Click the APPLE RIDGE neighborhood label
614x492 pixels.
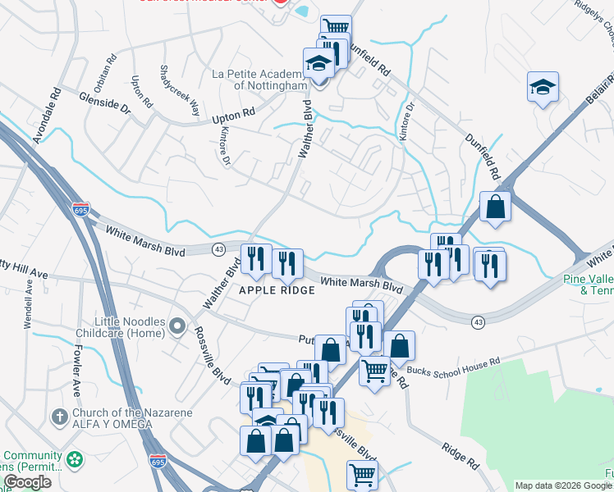tap(277, 291)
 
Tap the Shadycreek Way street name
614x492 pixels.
tap(179, 89)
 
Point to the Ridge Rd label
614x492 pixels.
tap(460, 454)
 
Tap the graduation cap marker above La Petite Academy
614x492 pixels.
tap(318, 62)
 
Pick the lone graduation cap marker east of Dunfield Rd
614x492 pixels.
tap(543, 87)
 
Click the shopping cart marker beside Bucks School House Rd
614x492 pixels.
tap(375, 371)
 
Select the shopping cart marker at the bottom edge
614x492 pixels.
tap(362, 474)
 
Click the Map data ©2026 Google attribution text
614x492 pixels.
tap(563, 485)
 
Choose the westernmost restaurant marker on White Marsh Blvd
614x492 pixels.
tap(255, 259)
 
